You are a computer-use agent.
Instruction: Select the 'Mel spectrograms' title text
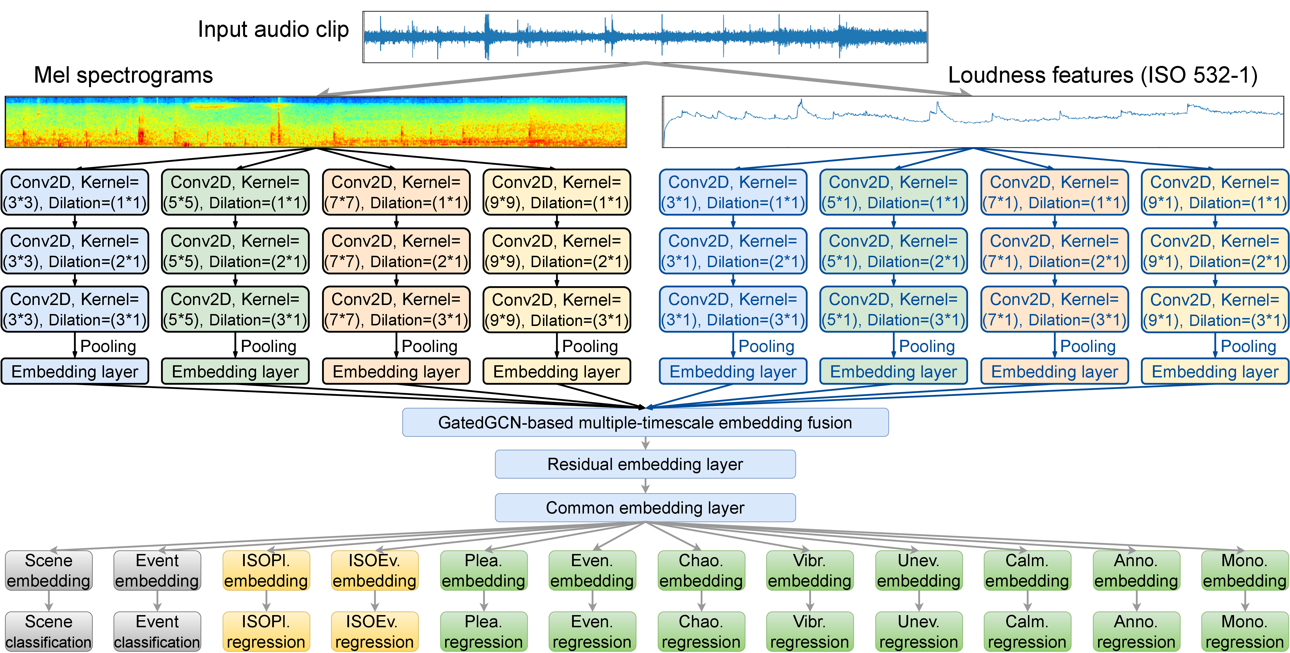tap(123, 75)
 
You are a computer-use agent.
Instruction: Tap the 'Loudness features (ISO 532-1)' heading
tap(1103, 75)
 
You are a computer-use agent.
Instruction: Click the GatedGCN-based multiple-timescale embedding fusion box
tap(645, 422)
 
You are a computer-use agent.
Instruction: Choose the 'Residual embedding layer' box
tap(645, 464)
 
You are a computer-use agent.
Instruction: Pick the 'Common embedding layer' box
tap(645, 508)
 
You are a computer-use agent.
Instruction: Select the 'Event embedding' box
tap(157, 570)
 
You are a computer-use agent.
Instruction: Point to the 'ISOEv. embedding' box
tap(375, 570)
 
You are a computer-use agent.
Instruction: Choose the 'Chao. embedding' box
tap(701, 570)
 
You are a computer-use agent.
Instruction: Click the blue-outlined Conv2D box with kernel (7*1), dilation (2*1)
tap(1054, 251)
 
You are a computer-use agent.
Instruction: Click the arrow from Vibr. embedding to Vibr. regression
tap(810, 600)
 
